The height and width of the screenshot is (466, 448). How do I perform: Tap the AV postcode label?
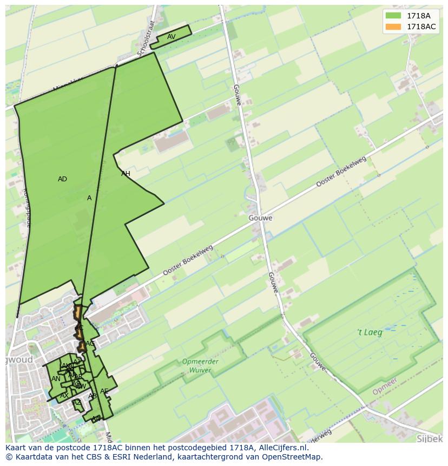tap(171, 37)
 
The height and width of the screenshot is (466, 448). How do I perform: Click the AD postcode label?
tap(62, 179)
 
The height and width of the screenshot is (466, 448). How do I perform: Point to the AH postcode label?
tap(126, 174)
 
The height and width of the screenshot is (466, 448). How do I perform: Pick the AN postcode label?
tap(56, 379)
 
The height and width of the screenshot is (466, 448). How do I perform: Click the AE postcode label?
tap(104, 391)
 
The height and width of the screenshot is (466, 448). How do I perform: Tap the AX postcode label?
tap(64, 396)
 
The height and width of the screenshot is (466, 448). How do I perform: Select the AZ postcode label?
tap(77, 402)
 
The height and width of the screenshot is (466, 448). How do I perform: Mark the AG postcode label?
tap(90, 344)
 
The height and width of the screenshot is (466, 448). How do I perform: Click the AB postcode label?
tap(93, 396)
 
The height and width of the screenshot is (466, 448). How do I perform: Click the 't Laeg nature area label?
tap(370, 332)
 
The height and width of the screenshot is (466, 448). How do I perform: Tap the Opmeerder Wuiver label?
tap(200, 366)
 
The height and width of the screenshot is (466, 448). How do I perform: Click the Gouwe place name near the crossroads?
tap(261, 218)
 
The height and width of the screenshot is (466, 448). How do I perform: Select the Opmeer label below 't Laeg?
tap(385, 386)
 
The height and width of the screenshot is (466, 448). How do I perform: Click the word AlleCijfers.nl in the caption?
tap(281, 448)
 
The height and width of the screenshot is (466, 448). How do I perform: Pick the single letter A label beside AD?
tap(89, 198)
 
